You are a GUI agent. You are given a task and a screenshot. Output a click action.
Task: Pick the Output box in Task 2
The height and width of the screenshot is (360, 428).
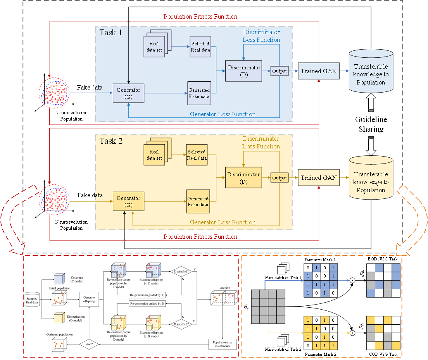click(279, 178)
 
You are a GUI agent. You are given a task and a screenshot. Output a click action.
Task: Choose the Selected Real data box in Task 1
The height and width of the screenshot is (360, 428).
click(200, 47)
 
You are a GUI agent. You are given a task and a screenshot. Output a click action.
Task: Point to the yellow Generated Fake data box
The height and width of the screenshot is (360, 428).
click(198, 202)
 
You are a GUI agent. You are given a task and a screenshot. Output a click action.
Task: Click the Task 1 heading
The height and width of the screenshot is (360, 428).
click(111, 33)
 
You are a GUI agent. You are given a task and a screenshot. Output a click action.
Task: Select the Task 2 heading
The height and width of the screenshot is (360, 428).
click(111, 141)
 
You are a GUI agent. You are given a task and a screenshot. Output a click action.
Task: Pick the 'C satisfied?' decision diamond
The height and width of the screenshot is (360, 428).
click(182, 272)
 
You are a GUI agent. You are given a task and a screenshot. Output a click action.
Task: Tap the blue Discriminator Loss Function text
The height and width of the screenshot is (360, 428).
click(261, 36)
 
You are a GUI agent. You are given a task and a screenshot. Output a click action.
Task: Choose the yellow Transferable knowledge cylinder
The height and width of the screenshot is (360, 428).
click(370, 181)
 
